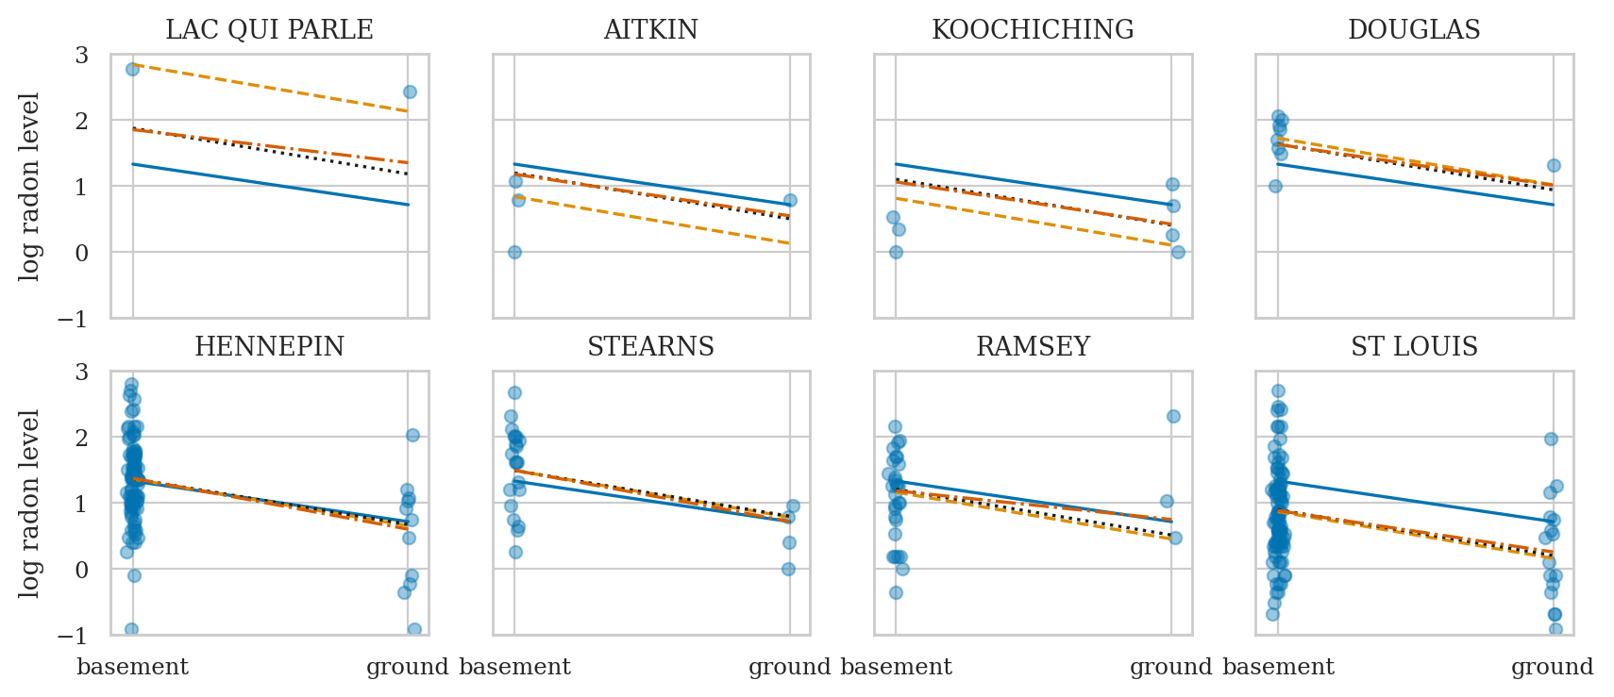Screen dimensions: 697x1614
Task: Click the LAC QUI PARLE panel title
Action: pos(269,30)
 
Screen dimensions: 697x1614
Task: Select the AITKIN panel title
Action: pos(651,30)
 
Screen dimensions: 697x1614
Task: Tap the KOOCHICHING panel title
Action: pos(1033,30)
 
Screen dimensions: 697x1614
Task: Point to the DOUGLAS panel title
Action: pos(1414,30)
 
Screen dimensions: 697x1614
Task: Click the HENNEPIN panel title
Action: pos(269,347)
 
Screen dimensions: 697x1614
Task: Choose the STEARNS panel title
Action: pos(651,347)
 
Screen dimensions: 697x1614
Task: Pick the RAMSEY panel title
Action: pos(1033,347)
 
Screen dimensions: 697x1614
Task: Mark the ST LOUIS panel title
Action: pos(1414,347)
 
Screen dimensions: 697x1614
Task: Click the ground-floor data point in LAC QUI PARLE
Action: pos(410,91)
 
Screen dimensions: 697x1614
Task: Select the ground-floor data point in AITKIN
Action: pos(790,200)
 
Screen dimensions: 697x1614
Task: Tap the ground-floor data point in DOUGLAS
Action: pos(1554,165)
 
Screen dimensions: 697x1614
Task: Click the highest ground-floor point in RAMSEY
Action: pos(1173,416)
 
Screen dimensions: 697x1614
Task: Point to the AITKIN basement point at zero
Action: pos(514,252)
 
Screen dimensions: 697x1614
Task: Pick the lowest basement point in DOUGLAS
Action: pos(1275,186)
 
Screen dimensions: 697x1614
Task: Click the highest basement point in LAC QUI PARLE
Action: pos(132,69)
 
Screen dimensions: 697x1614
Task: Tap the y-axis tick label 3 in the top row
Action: pos(82,55)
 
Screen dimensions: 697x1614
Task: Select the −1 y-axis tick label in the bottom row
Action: pos(73,636)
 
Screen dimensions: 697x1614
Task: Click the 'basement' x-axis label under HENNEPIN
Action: pos(132,668)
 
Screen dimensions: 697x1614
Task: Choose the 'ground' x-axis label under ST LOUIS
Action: pos(1552,668)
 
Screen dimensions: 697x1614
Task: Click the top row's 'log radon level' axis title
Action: pos(30,186)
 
